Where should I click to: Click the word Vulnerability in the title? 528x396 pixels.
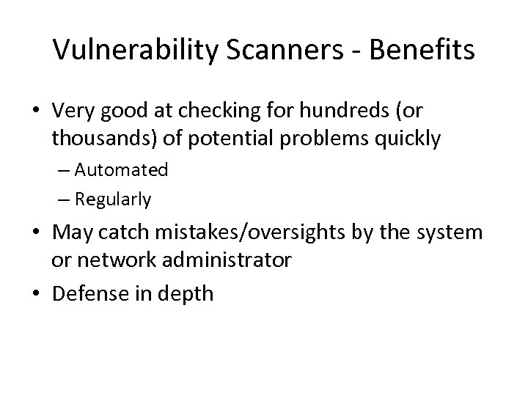point(128,51)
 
